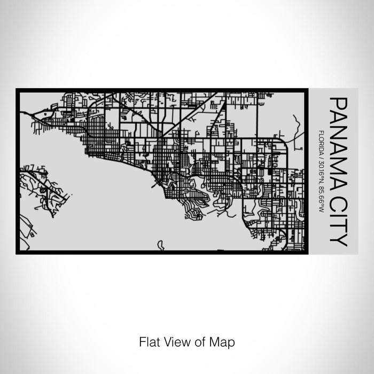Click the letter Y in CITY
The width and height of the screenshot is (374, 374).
coord(338,240)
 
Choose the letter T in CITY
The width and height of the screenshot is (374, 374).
coord(338,227)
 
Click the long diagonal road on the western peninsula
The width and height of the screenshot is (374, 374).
coord(53,188)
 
